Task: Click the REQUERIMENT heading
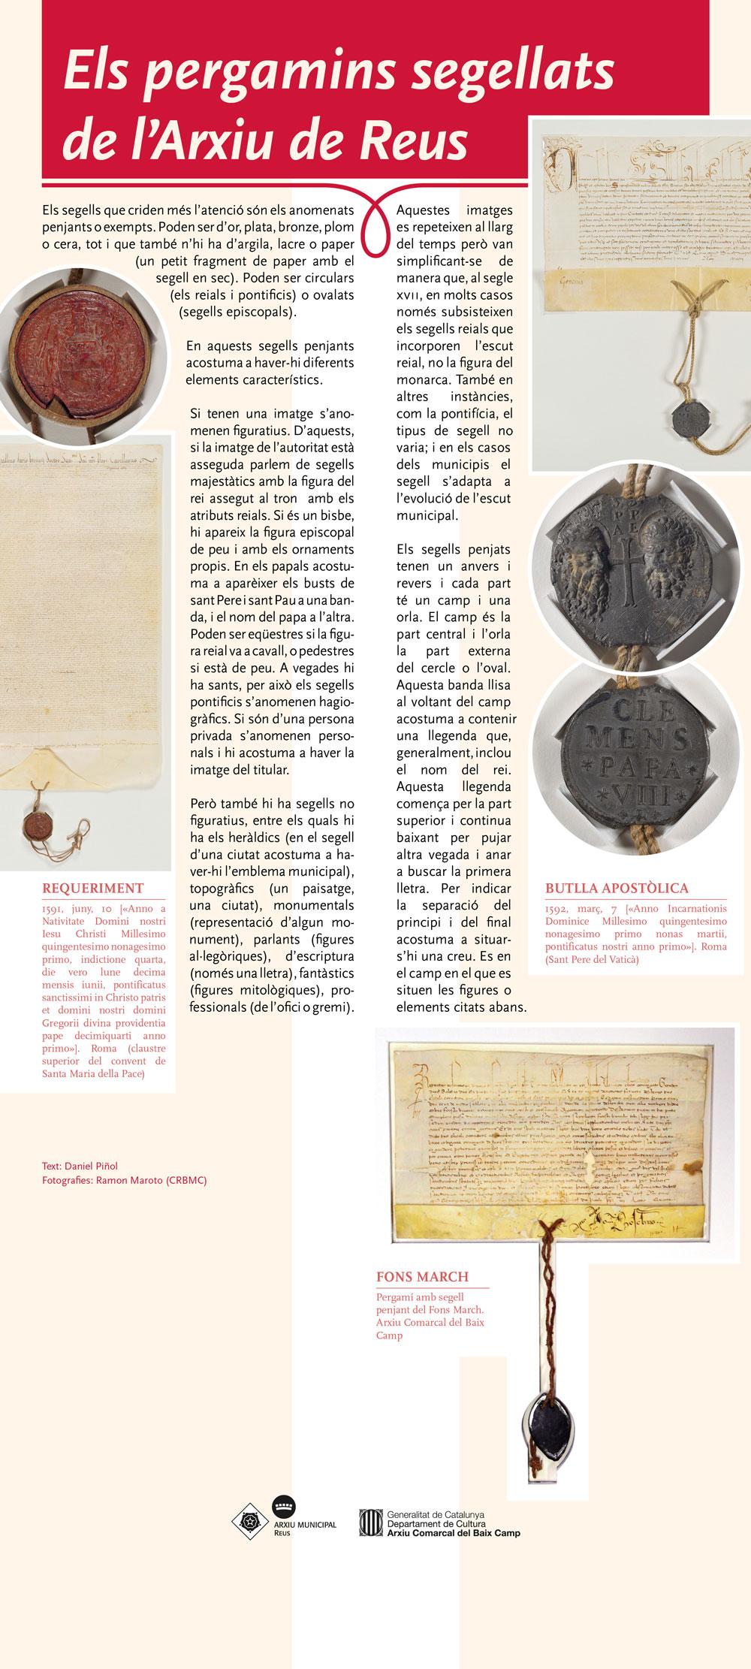click(x=92, y=888)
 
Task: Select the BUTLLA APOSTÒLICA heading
click(x=616, y=888)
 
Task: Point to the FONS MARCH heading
click(x=422, y=1276)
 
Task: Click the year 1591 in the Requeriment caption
click(x=54, y=908)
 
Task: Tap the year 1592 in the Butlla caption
click(x=558, y=908)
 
